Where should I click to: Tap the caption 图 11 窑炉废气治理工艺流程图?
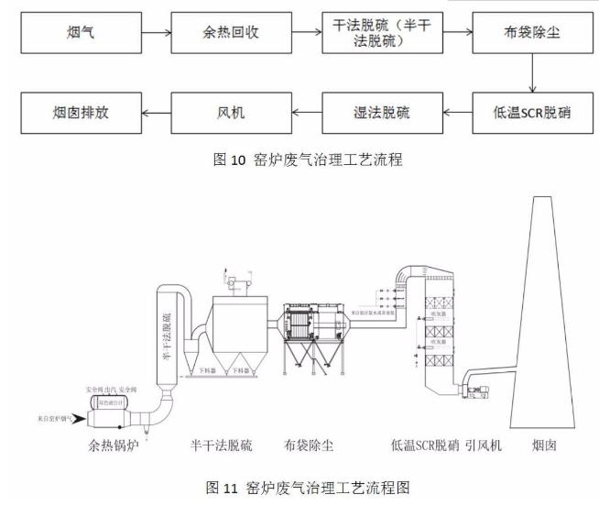coord(299,487)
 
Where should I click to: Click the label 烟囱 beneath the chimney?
coord(548,446)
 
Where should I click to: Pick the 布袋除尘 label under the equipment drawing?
coord(309,446)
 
